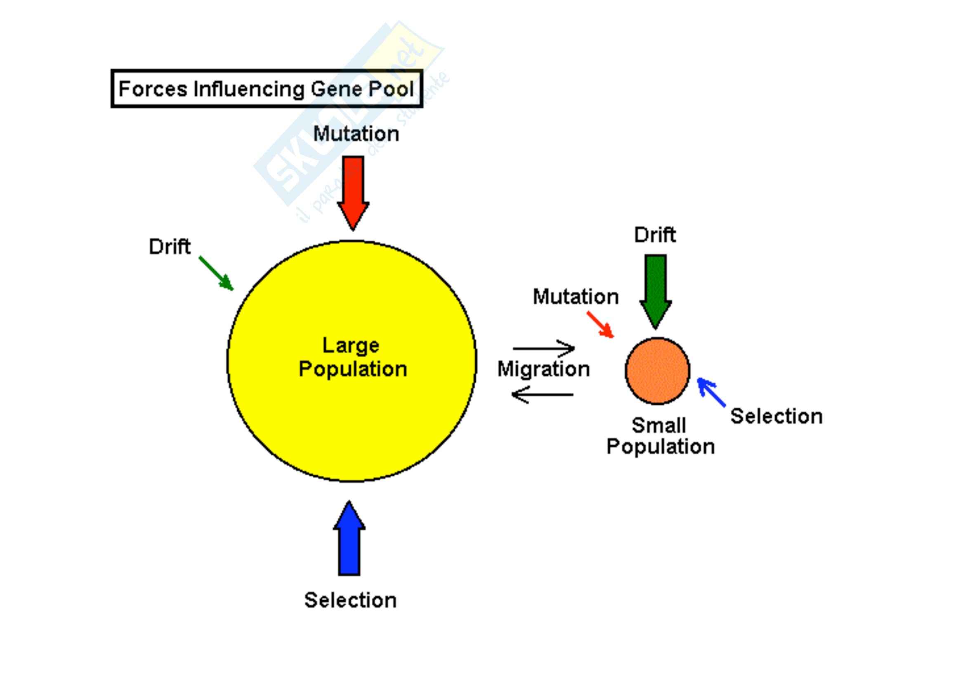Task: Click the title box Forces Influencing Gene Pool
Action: [x=267, y=89]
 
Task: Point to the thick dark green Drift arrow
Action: [x=655, y=290]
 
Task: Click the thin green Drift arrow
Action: [x=216, y=273]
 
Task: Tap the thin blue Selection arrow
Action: [x=711, y=392]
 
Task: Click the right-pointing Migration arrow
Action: [x=544, y=348]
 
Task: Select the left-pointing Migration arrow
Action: [x=542, y=394]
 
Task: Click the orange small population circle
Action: [x=657, y=370]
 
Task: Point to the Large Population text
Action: [x=352, y=358]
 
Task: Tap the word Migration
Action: [x=543, y=369]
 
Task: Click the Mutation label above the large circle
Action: [x=356, y=134]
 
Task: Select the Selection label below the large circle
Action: [x=350, y=600]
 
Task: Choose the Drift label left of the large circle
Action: [x=170, y=247]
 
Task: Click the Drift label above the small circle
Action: [x=655, y=234]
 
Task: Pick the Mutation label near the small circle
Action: [x=576, y=297]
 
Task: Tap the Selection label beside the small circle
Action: [x=776, y=416]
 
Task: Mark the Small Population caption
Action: [x=660, y=436]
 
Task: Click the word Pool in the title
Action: [x=391, y=89]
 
